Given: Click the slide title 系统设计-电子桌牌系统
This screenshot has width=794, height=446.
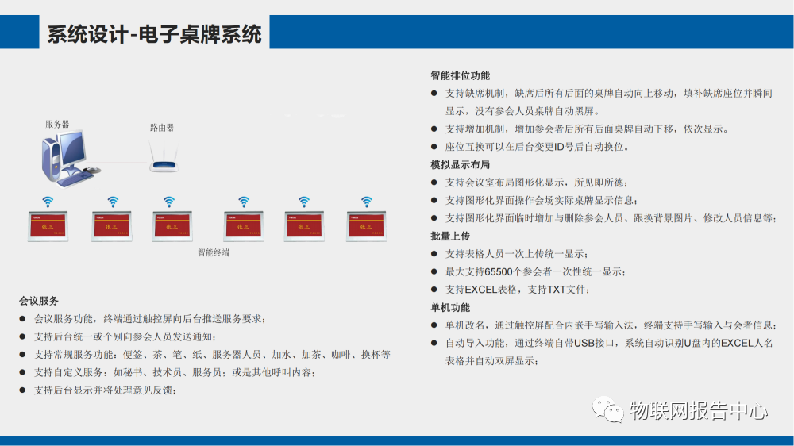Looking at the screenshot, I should coord(154,34).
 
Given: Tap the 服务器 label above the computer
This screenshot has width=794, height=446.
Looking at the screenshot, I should coord(57,125).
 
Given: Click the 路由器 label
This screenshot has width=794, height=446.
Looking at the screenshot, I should coord(162,127).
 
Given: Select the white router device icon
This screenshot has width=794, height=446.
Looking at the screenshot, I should coord(165,162).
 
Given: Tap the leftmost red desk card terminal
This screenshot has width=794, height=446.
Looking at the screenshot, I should coord(48,226).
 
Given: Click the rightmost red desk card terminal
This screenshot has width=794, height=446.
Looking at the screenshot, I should coord(366,226).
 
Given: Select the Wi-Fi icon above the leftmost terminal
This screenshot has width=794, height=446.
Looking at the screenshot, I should coord(48,201).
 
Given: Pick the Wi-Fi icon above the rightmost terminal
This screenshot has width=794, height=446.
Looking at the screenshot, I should coord(366,201).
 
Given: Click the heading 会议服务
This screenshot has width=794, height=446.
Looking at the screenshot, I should coord(39,301).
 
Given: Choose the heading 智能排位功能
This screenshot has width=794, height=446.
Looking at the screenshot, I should coord(461,75).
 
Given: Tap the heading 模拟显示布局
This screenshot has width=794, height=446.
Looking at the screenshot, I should coord(461,165).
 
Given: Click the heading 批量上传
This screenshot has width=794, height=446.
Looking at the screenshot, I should coord(450,236).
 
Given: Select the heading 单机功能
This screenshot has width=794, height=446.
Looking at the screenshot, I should coord(450,307).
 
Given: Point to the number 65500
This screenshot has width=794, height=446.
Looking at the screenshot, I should coord(499,271).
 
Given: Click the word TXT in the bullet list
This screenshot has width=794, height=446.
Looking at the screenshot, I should coord(557,290).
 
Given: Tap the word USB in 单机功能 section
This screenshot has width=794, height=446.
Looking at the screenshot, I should coord(584,343).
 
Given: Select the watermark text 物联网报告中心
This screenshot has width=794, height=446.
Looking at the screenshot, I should coord(699,410).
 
